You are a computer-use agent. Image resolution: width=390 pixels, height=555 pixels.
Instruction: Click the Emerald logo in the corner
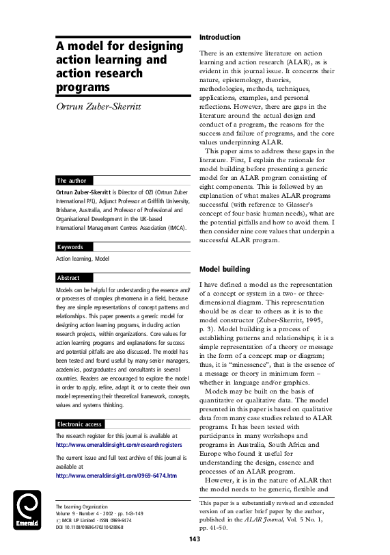(x=28, y=511)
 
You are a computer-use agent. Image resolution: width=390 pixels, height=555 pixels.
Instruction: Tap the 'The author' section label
(x=72, y=181)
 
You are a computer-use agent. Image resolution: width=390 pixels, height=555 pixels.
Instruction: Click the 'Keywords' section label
(x=70, y=246)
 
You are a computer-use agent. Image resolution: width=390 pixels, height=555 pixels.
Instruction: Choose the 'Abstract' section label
(x=68, y=278)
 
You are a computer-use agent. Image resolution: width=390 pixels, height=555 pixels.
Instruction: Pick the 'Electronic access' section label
(x=80, y=424)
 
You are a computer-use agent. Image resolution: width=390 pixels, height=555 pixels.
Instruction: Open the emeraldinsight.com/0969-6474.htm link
(x=116, y=475)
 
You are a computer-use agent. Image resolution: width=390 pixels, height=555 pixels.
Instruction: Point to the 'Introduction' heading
(x=220, y=36)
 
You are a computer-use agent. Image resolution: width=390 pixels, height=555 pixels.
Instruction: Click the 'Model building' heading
(x=224, y=269)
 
